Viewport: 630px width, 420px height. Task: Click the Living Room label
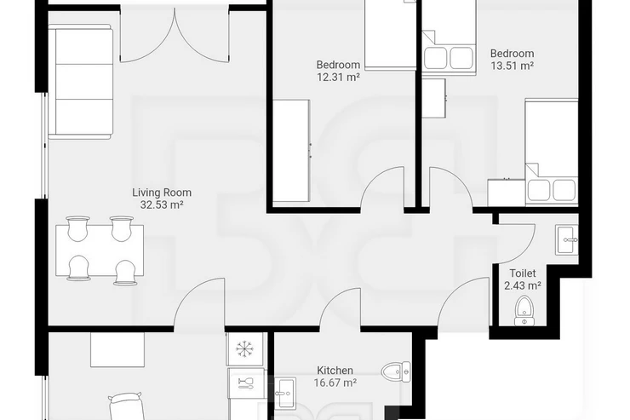tap(162, 193)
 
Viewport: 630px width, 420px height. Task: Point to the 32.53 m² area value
tap(162, 205)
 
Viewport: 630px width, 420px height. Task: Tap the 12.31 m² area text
tap(338, 78)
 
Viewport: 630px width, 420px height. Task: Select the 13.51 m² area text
tap(513, 66)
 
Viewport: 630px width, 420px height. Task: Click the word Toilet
tap(523, 273)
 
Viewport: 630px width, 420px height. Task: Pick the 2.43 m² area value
tap(523, 285)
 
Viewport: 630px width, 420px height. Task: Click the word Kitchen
tap(335, 371)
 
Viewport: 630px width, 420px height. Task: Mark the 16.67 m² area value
tap(335, 383)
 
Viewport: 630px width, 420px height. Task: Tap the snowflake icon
tap(243, 348)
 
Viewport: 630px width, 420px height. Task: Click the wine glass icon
tap(245, 383)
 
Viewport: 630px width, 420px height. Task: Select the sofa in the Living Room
tap(80, 82)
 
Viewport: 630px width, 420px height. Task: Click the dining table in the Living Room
tap(100, 250)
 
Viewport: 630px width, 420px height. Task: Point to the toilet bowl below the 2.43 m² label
tap(524, 311)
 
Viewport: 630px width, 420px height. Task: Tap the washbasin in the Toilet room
tap(567, 240)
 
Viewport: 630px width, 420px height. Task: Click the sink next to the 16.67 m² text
tap(285, 393)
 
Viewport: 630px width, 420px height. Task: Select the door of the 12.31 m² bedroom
tap(382, 187)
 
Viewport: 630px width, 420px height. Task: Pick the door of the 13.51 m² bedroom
tap(451, 187)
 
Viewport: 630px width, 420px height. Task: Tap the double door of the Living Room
tap(175, 36)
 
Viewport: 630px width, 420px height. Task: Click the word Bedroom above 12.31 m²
tap(338, 65)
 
